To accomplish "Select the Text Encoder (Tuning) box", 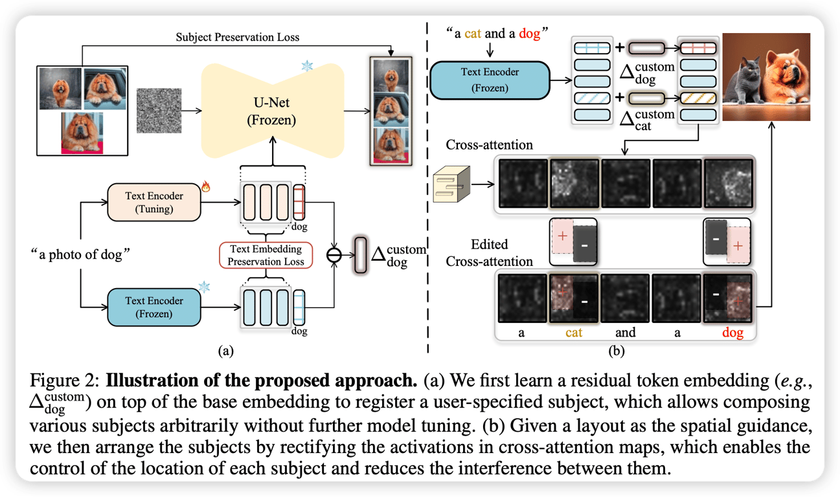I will click(x=154, y=202).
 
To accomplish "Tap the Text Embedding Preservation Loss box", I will click(x=266, y=255).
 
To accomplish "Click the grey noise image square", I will click(x=159, y=111).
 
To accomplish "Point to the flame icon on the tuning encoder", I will click(x=206, y=188).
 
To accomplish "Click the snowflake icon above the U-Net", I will click(x=307, y=67).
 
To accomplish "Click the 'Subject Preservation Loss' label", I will click(x=238, y=38).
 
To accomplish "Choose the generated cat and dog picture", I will click(x=766, y=78).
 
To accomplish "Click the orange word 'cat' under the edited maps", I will click(x=574, y=333).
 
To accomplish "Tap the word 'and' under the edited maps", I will click(x=625, y=333).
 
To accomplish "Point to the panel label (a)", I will click(x=225, y=351).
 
